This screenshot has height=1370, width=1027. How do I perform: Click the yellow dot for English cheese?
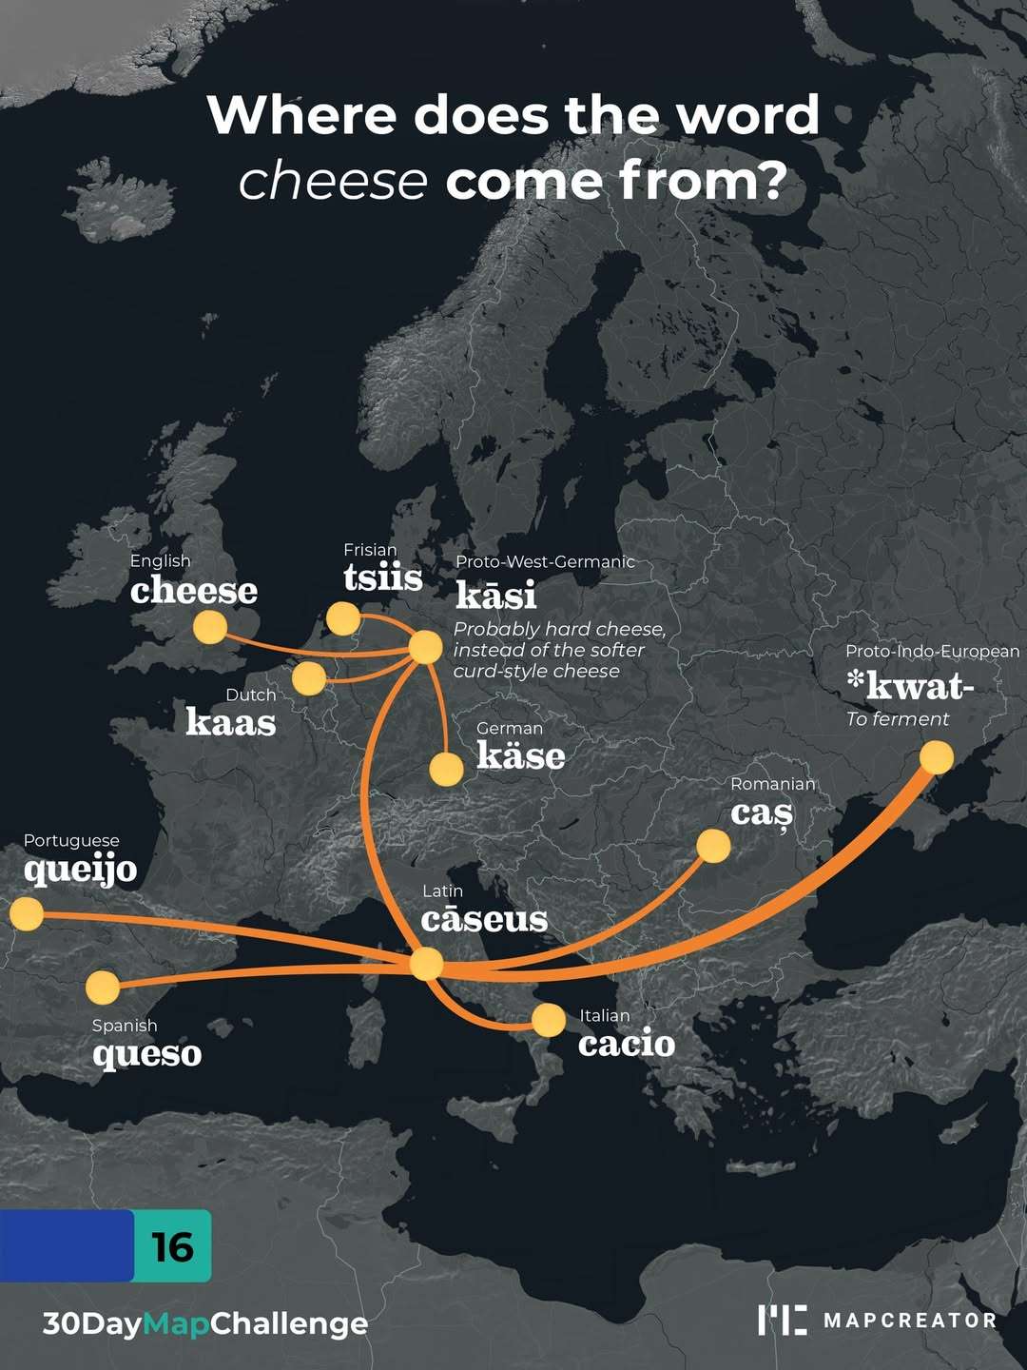click(210, 628)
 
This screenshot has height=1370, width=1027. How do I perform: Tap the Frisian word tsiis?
click(382, 577)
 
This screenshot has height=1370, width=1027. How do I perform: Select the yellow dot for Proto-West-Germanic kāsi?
click(425, 647)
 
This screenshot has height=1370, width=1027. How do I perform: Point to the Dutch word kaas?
click(230, 722)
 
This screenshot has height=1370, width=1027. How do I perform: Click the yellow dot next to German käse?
click(446, 769)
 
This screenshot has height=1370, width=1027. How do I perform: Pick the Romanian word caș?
click(761, 814)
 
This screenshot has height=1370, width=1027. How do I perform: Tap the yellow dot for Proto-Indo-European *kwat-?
click(937, 757)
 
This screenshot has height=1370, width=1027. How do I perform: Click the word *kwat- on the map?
click(910, 685)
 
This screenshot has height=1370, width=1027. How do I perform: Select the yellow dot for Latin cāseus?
click(427, 964)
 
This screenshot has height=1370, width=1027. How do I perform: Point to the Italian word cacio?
click(627, 1044)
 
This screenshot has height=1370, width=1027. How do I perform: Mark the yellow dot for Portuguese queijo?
click(27, 914)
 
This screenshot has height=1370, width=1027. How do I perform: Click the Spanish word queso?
click(147, 1054)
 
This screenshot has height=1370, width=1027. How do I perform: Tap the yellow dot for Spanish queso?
click(103, 988)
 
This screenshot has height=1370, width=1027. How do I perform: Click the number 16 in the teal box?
click(172, 1246)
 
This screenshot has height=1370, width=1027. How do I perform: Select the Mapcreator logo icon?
click(782, 1320)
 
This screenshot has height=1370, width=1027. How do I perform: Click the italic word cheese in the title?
click(333, 181)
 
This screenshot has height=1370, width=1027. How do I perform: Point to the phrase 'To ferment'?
click(897, 719)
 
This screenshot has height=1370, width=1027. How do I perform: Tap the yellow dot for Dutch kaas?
click(309, 678)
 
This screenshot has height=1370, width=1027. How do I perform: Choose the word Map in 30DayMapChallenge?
click(176, 1323)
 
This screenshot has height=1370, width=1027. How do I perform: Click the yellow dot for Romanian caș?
click(713, 846)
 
